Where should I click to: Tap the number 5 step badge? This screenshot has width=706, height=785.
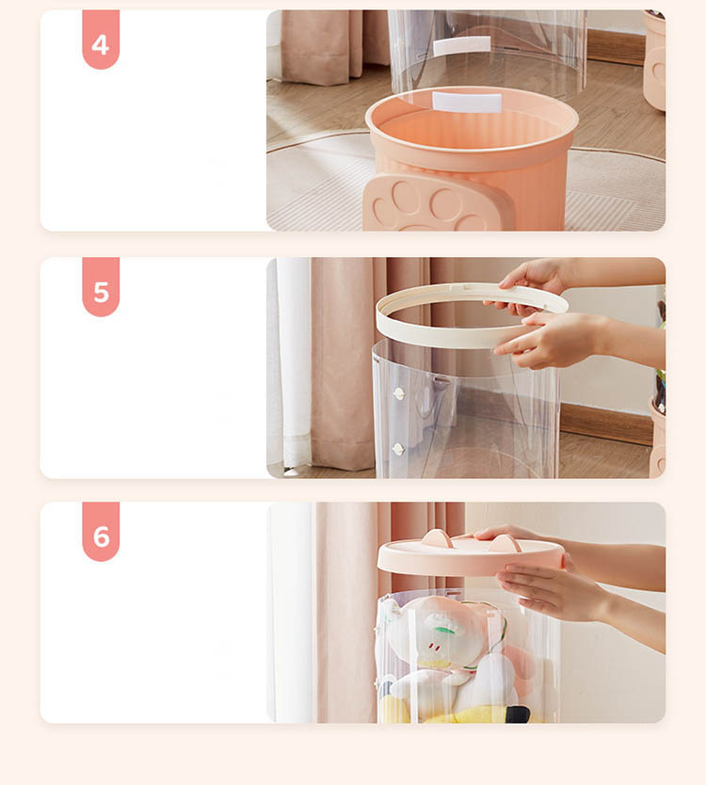(101, 287)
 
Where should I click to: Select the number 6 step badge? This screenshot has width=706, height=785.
(101, 532)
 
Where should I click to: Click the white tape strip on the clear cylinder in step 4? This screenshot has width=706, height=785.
(461, 45)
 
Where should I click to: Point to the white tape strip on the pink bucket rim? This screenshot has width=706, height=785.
(467, 103)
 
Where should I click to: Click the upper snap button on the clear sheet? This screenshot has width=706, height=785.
(398, 393)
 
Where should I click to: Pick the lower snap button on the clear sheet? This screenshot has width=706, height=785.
(398, 449)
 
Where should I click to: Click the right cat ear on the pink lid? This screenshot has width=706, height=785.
(505, 544)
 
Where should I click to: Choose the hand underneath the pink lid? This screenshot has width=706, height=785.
(551, 592)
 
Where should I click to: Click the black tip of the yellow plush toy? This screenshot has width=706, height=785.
(518, 713)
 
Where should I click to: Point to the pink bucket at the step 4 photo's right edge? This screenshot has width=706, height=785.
(654, 60)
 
